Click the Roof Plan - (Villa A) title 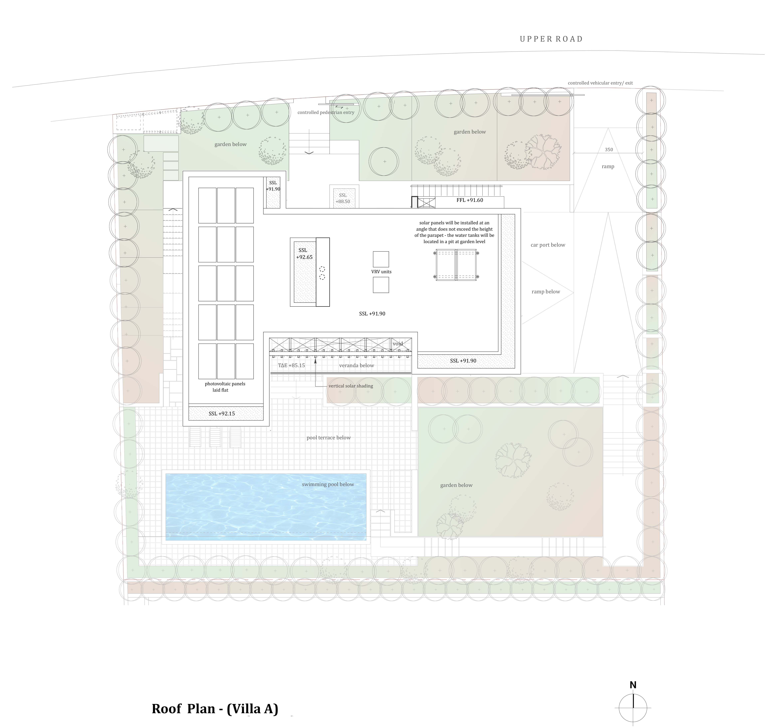click(x=215, y=708)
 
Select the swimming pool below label click(x=328, y=485)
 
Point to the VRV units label click(x=381, y=272)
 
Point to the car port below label click(x=548, y=245)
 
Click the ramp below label click(x=546, y=291)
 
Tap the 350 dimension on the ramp click(x=609, y=149)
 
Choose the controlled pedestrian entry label click(x=326, y=112)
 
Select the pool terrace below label click(x=329, y=437)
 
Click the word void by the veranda click(x=397, y=344)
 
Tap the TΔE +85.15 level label click(x=291, y=365)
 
